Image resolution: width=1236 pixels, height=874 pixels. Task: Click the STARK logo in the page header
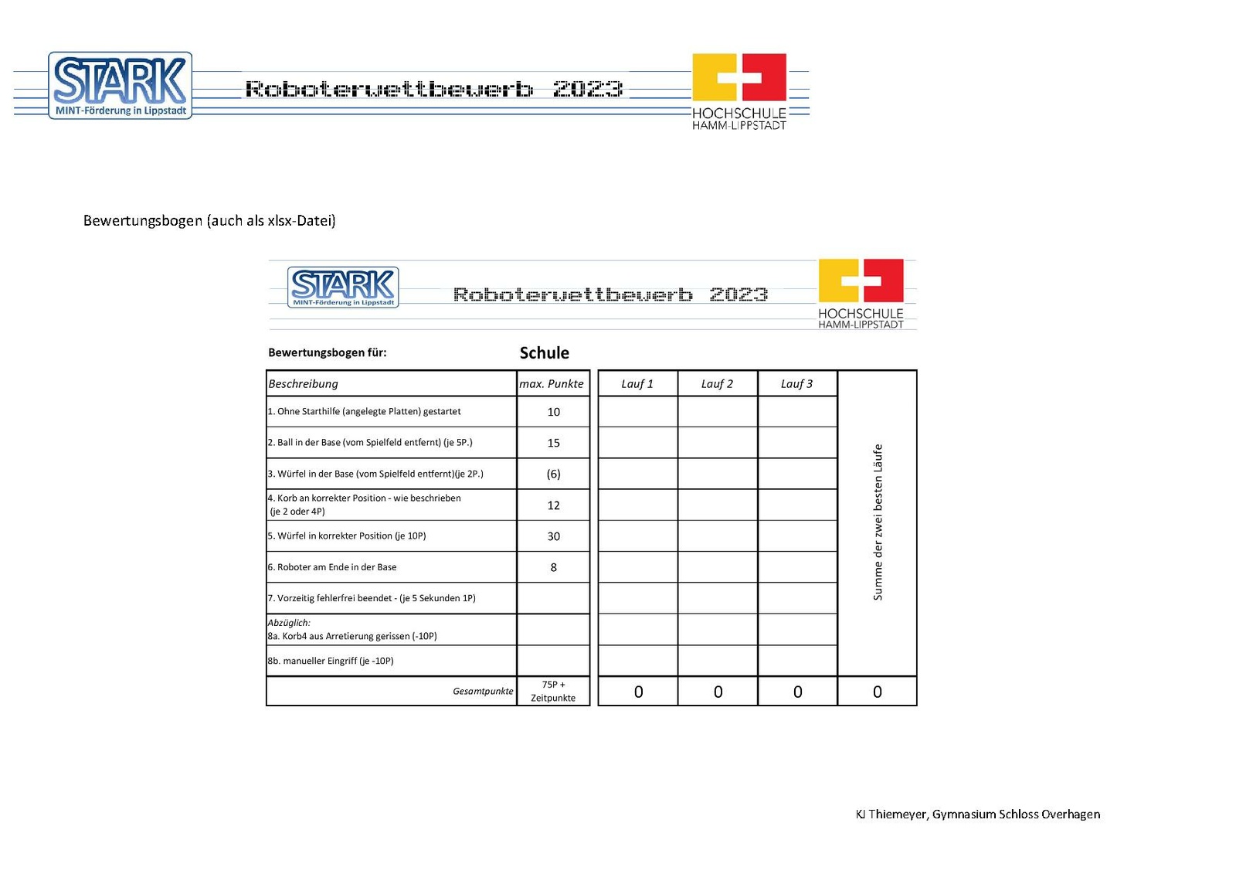pos(120,85)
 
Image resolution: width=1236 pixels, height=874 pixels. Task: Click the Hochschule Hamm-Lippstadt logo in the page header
pos(739,90)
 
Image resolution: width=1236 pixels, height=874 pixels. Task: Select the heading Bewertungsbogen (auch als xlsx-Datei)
pos(209,221)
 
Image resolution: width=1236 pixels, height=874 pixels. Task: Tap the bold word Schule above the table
pos(544,353)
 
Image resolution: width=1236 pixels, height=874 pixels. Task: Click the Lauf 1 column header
pos(637,384)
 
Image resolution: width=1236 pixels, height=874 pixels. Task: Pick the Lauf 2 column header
pos(717,384)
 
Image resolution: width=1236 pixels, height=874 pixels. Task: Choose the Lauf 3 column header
pos(796,384)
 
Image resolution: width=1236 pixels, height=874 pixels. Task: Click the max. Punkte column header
pos(552,384)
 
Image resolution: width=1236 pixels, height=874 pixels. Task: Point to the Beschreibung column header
pos(304,384)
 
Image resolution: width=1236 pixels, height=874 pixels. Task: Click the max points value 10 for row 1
pos(553,412)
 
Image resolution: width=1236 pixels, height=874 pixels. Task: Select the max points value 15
pos(553,443)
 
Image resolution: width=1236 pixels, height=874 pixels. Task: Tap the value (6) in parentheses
pos(553,474)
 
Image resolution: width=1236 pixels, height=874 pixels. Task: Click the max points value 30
pos(553,536)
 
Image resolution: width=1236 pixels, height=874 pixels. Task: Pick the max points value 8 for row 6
pos(553,567)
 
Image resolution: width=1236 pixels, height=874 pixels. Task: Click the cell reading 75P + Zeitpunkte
pos(553,691)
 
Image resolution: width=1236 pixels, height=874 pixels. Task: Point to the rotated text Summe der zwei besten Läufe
pos(878,522)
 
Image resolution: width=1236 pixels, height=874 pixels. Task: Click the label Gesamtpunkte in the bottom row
pos(483,692)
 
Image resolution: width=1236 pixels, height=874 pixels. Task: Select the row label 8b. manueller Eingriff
pos(331,661)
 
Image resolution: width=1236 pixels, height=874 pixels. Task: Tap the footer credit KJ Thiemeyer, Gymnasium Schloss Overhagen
pos(977,814)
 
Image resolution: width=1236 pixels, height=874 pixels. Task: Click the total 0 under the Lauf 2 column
pos(718,692)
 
